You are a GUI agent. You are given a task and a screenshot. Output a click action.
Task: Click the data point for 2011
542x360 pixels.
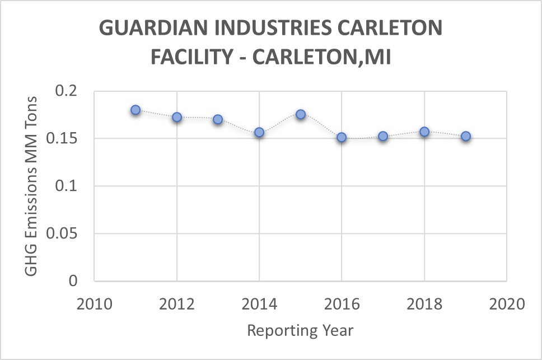click(135, 110)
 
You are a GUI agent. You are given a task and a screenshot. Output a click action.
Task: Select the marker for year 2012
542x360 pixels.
click(177, 117)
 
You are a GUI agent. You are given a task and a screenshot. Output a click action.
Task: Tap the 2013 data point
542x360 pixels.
click(218, 119)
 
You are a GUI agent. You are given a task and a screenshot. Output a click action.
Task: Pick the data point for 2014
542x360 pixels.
click(259, 132)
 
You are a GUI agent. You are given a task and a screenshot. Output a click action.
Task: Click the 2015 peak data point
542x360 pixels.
click(301, 114)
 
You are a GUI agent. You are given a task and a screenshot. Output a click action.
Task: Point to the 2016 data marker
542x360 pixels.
click(342, 137)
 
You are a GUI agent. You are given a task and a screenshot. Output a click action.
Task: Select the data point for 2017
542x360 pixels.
click(383, 136)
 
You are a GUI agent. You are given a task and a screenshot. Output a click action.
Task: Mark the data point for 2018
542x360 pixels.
click(424, 132)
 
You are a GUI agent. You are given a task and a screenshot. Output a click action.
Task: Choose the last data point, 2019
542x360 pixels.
click(465, 136)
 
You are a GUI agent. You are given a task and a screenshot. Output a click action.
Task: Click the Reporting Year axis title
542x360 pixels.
click(300, 330)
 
